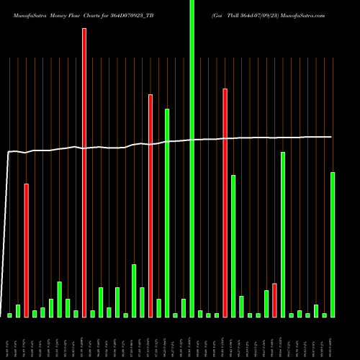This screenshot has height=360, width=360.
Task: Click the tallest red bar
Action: pyautogui.click(x=84, y=173)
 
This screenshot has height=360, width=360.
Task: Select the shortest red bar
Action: pyautogui.click(x=274, y=300)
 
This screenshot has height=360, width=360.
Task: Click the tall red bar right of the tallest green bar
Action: pyautogui.click(x=225, y=202)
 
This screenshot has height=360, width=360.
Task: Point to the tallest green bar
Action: pyautogui.click(x=192, y=158)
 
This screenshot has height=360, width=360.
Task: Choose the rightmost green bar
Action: pyautogui.click(x=333, y=244)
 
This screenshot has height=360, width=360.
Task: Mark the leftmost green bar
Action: pyautogui.click(x=9, y=315)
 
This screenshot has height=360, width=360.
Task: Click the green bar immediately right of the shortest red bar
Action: pyautogui.click(x=283, y=234)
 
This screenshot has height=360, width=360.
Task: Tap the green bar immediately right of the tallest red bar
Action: pyautogui.click(x=93, y=313)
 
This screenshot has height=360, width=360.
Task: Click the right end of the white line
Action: pyautogui.click(x=332, y=137)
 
